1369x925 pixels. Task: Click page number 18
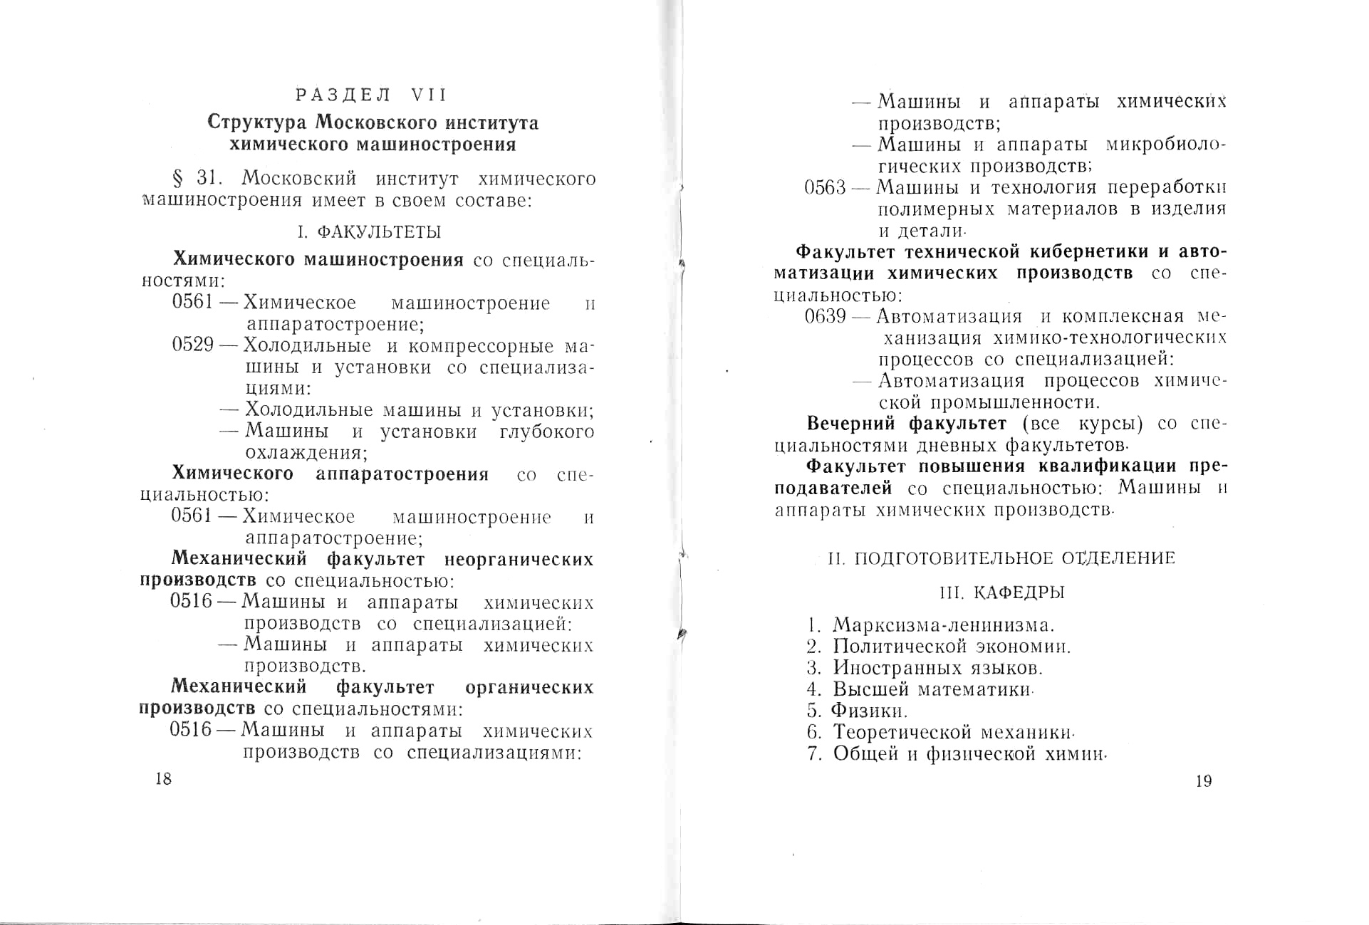[x=163, y=778]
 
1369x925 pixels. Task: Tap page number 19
[x=1203, y=781]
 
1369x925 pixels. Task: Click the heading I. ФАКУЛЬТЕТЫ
[x=369, y=232]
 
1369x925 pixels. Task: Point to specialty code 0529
[x=193, y=345]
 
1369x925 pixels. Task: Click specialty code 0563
[x=825, y=188]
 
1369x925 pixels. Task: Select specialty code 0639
[x=825, y=316]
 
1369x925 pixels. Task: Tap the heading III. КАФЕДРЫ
[x=1002, y=592]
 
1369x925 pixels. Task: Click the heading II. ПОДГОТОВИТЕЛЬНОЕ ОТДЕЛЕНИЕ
[x=1001, y=558]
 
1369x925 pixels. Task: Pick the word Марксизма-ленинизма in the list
[x=943, y=626]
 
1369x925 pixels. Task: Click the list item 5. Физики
[x=858, y=711]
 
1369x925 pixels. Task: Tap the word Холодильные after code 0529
[x=307, y=346]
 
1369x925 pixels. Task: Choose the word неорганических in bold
[x=519, y=560]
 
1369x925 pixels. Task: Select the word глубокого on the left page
[x=547, y=432]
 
